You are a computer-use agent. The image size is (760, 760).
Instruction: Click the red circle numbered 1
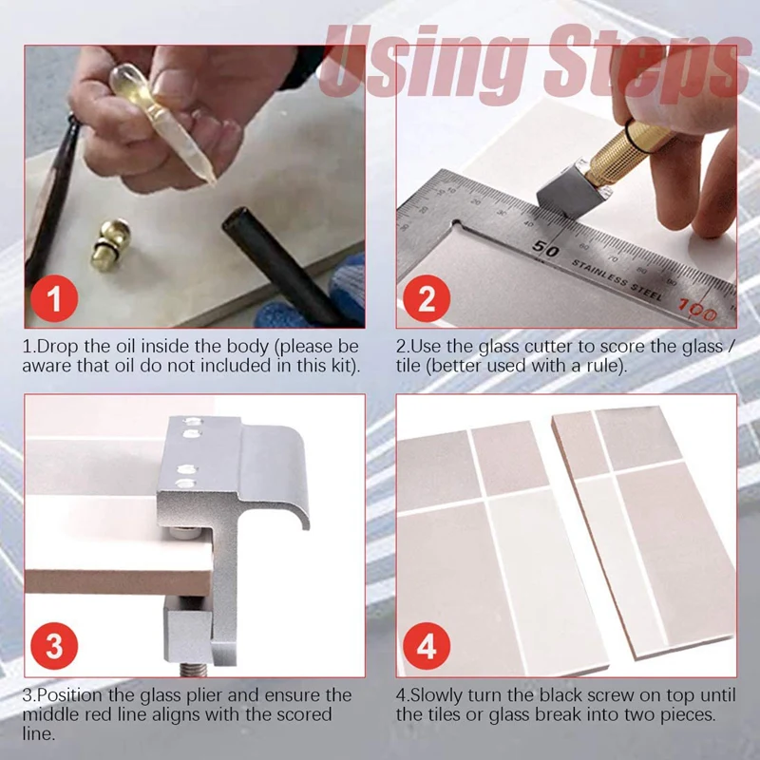point(54,298)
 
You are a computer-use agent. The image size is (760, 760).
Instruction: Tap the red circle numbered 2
point(427,298)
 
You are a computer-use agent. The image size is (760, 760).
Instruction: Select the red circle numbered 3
point(54,646)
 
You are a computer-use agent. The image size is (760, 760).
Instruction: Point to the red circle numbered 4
point(427,646)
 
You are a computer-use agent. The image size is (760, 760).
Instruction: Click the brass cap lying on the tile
point(110,244)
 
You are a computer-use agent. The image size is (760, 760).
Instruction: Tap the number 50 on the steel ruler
point(545,248)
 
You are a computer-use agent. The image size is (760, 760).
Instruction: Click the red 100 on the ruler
point(698,311)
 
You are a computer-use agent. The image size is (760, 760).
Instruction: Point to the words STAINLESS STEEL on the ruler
point(617,279)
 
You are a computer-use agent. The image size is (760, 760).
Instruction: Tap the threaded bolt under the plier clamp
point(194,670)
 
